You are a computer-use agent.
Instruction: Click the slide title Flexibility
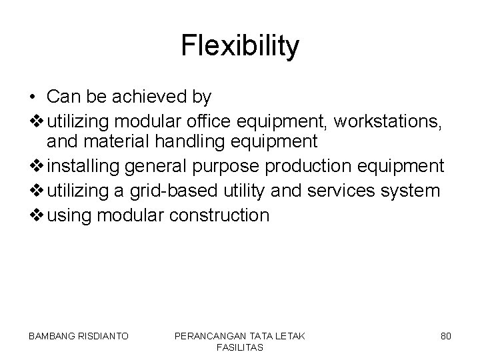click(240, 47)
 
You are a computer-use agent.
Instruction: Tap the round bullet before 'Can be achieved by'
click(33, 97)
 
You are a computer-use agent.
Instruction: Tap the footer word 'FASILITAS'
click(239, 347)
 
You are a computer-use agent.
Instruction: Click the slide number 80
click(445, 337)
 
